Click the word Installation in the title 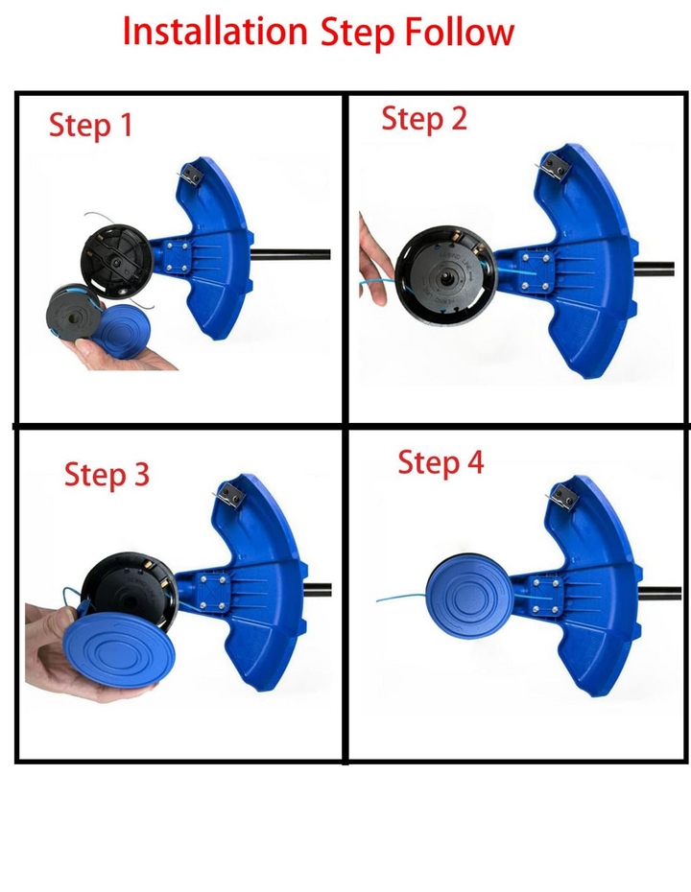pos(215,32)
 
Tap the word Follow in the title pos(460,32)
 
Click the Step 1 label pos(90,126)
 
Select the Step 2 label pos(424,120)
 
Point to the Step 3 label pos(107,475)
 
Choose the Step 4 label pos(441,462)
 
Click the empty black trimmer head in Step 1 pos(117,262)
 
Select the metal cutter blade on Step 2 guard pos(552,167)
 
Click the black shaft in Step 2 pos(655,269)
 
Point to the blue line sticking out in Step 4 pos(401,598)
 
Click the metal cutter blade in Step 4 pos(563,497)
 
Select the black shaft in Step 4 pos(659,594)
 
